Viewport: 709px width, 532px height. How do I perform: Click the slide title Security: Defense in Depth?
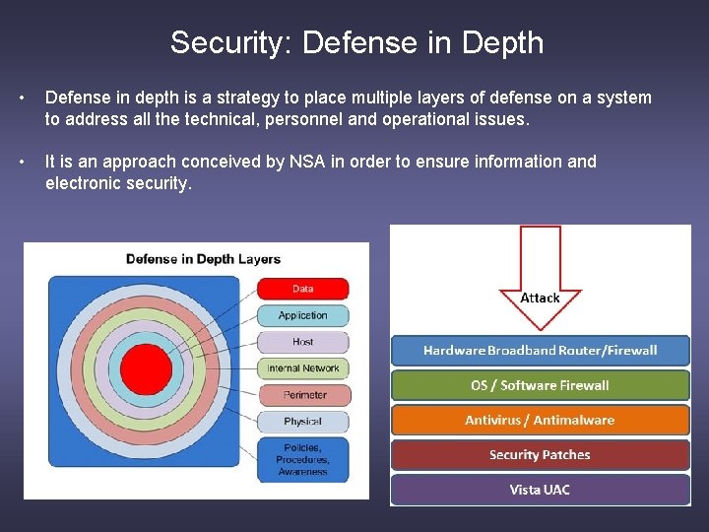(355, 42)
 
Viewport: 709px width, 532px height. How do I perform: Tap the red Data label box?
(302, 289)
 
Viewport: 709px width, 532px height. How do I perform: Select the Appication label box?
(302, 315)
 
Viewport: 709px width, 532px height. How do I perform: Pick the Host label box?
(302, 342)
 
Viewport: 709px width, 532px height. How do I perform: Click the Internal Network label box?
(302, 368)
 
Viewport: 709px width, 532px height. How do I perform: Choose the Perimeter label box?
(302, 395)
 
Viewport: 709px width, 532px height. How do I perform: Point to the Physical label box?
(302, 422)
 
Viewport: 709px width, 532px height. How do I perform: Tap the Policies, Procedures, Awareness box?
(302, 459)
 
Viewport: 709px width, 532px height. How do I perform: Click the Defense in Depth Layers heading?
(203, 259)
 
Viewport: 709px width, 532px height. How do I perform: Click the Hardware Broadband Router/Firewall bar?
(540, 351)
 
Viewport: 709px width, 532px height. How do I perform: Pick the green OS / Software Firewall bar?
(540, 385)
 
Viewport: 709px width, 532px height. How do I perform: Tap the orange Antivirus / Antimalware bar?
(540, 420)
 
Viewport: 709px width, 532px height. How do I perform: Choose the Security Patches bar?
(540, 455)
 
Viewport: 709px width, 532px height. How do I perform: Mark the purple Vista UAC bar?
(540, 490)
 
